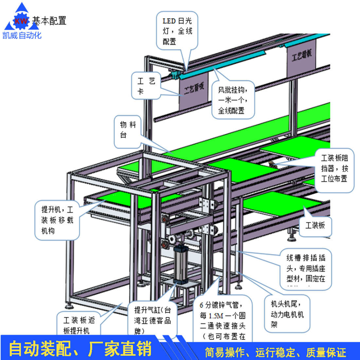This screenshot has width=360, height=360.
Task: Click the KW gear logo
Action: point(22,20)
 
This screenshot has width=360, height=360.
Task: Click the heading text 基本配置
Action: point(49,21)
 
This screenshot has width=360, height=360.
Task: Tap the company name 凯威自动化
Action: point(22,35)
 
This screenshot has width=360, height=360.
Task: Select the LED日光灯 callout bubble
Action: point(177,31)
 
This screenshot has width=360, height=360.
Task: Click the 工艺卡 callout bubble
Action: point(146,86)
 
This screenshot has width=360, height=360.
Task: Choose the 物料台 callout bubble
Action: point(128,130)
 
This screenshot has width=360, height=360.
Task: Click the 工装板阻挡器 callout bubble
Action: point(334,169)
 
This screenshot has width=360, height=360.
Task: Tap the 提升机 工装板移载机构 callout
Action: point(57,220)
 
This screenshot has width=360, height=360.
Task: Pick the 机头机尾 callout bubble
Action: point(287,314)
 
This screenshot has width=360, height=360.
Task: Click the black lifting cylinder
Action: point(180,263)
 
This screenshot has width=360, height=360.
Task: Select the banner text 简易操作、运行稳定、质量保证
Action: point(275,352)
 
